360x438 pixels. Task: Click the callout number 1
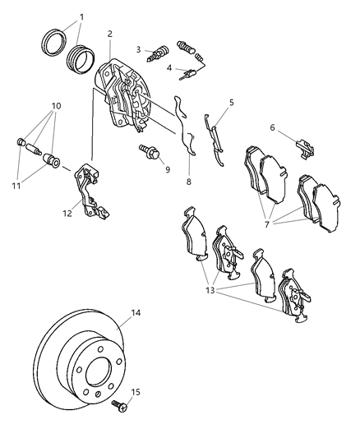pos(81,16)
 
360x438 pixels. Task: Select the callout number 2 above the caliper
pos(109,34)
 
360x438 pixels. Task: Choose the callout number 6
pos(272,127)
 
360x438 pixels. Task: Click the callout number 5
pos(231,103)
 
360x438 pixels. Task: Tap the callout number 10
pos(57,106)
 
